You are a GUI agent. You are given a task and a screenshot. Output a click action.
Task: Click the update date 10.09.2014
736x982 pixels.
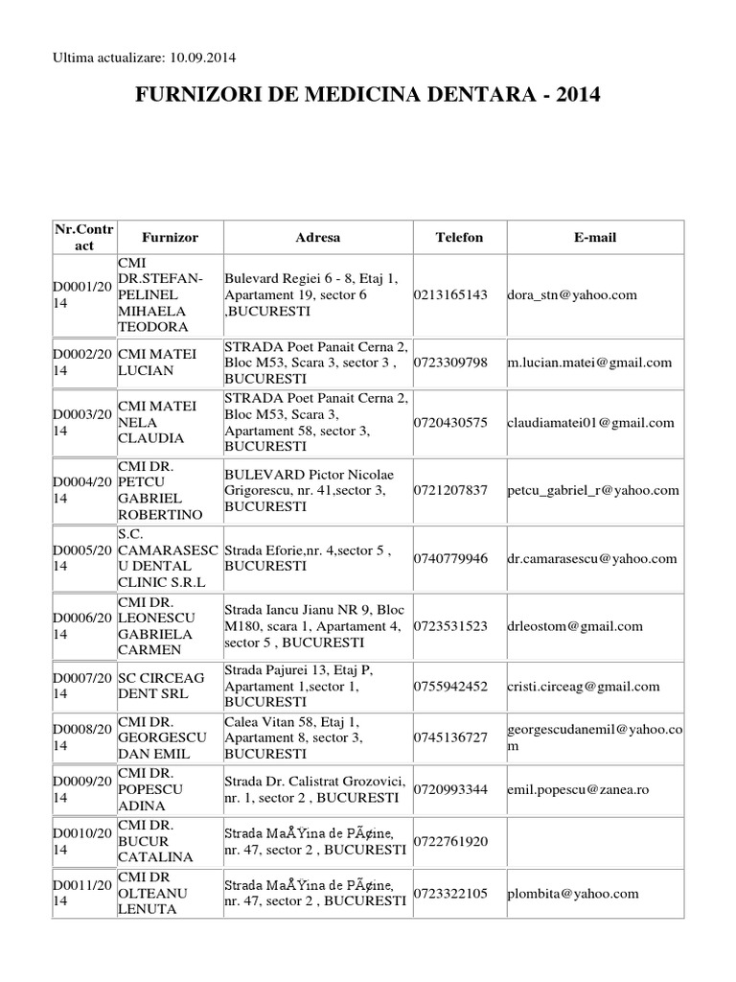[203, 58]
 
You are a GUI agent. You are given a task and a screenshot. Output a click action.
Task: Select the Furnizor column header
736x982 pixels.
[170, 237]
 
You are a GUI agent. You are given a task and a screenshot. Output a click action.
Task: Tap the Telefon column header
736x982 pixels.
[459, 237]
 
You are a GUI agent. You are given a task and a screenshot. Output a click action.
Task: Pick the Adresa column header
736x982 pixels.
[317, 237]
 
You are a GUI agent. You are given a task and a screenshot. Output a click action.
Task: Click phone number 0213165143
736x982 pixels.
[451, 295]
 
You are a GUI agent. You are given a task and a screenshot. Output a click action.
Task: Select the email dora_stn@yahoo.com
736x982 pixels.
[572, 295]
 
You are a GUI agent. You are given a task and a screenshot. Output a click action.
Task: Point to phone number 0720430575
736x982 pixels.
[451, 423]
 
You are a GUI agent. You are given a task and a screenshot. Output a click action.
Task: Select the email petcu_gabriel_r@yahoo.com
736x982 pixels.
[592, 490]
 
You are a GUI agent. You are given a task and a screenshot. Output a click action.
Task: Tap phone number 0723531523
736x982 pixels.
[451, 626]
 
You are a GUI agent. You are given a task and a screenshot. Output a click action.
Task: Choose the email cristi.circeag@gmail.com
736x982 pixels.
[583, 686]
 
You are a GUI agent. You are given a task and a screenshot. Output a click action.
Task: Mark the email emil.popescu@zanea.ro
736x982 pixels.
[578, 789]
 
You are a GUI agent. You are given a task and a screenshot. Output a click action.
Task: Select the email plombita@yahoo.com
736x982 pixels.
[573, 894]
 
